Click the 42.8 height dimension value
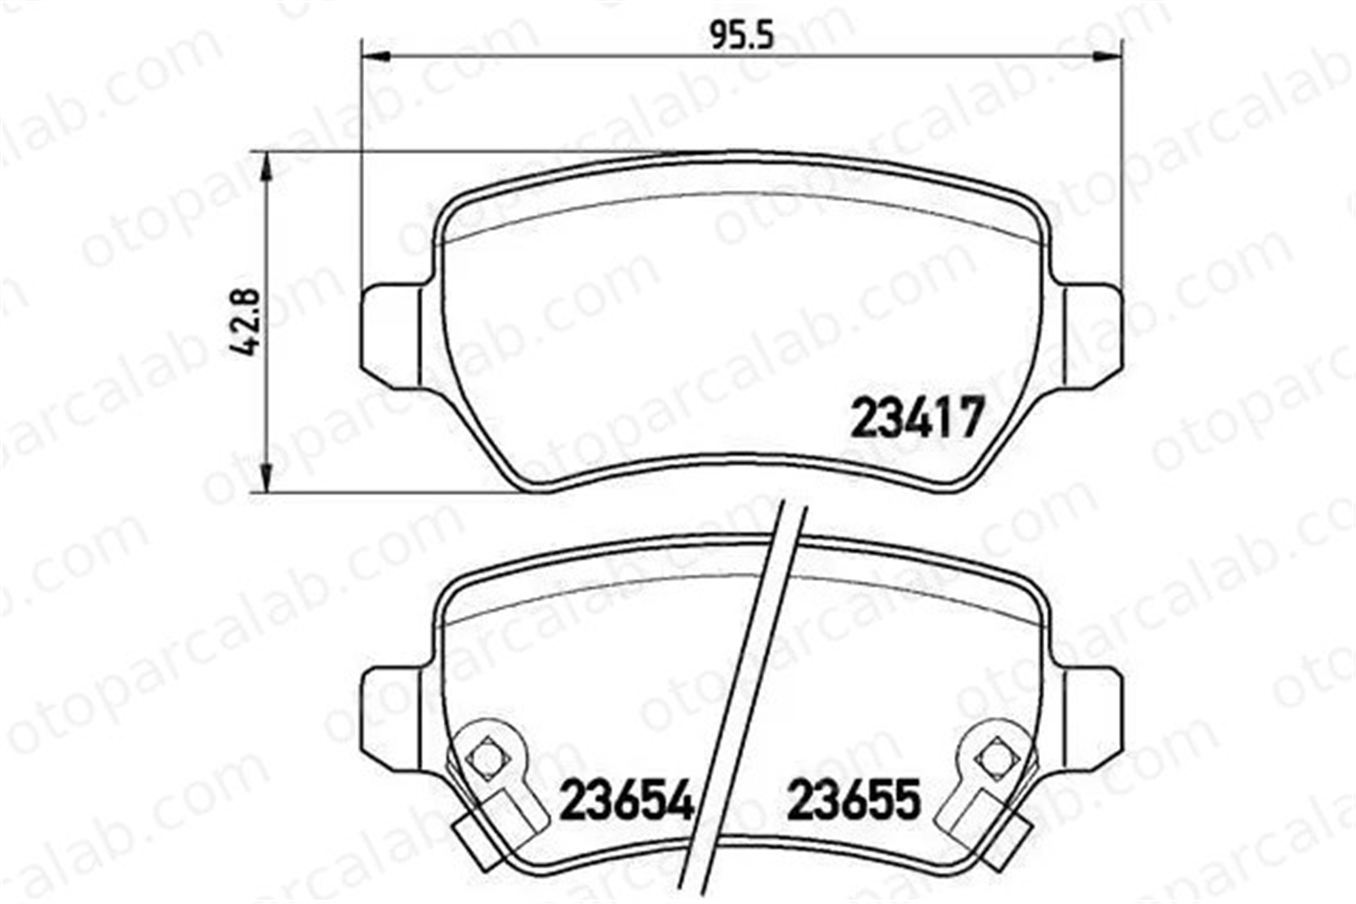(x=244, y=322)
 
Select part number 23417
(x=916, y=417)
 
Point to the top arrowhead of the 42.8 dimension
(x=268, y=167)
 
